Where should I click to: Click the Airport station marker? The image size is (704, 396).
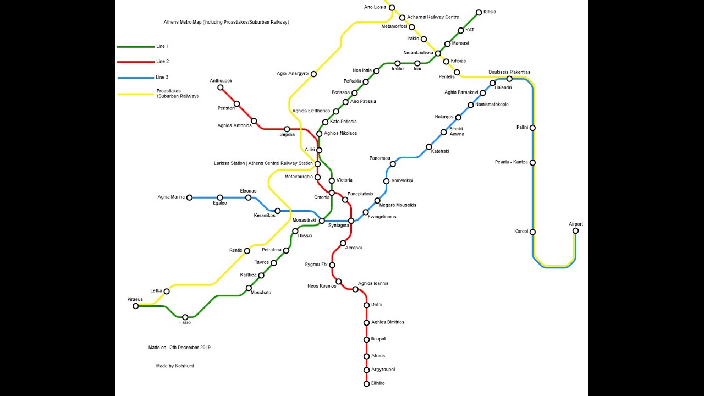pyautogui.click(x=575, y=230)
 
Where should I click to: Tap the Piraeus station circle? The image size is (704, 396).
pyautogui.click(x=136, y=306)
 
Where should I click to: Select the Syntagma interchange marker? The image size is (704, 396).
pyautogui.click(x=351, y=221)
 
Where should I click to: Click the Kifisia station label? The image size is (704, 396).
pyautogui.click(x=490, y=12)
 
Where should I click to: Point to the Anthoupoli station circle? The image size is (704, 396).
pyautogui.click(x=221, y=87)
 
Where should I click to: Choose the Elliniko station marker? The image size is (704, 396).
pyautogui.click(x=366, y=384)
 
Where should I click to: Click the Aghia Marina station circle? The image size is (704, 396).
pyautogui.click(x=189, y=197)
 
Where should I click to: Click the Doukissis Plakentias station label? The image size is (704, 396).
pyautogui.click(x=509, y=72)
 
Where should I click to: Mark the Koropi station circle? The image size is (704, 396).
pyautogui.click(x=532, y=232)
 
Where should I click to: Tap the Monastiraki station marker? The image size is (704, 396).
pyautogui.click(x=322, y=221)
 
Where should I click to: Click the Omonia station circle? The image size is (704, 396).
pyautogui.click(x=332, y=193)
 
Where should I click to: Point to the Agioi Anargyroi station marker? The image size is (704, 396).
pyautogui.click(x=313, y=74)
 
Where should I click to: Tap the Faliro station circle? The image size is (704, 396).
pyautogui.click(x=185, y=317)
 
